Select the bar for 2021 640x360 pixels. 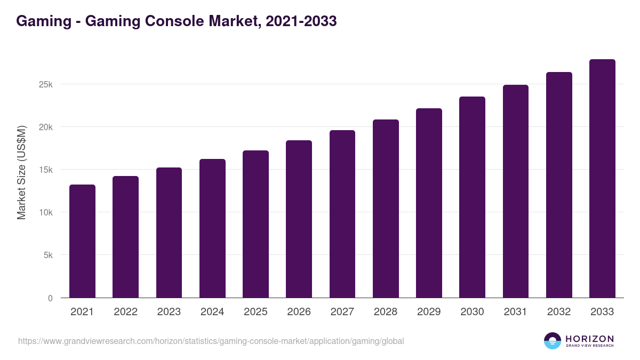point(82,241)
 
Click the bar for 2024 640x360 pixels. point(212,228)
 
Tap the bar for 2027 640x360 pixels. point(342,214)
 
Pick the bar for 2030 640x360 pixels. point(472,197)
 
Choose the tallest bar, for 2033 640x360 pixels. point(602,179)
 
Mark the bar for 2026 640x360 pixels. point(299,219)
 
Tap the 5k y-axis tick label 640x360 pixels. point(47,255)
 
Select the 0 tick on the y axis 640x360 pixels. point(50,298)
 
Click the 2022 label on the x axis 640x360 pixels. point(125,312)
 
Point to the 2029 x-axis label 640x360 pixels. point(429,312)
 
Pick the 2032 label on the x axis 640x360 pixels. point(559,312)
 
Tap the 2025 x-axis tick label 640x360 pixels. point(255,312)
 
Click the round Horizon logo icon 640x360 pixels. point(553,341)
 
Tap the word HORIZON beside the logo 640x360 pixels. point(589,339)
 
